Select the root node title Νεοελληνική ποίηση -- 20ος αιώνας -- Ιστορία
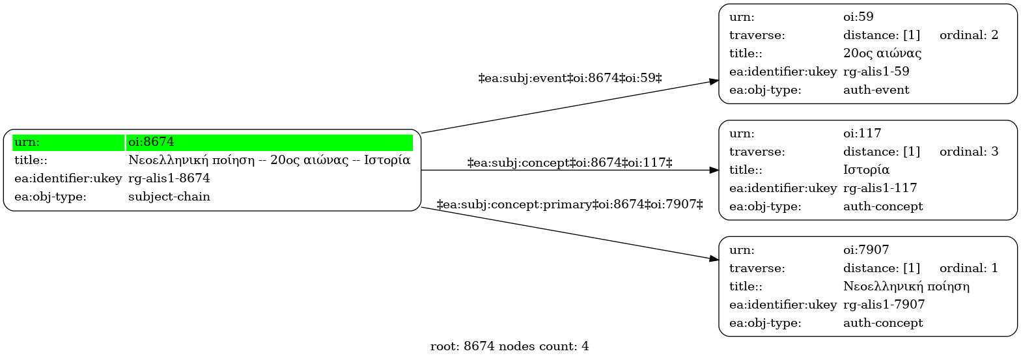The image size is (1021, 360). click(269, 160)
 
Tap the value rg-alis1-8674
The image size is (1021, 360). click(169, 178)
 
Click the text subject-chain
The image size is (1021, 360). click(169, 197)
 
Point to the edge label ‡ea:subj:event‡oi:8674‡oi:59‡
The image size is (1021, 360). click(570, 78)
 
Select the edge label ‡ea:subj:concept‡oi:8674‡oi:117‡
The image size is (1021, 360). click(570, 163)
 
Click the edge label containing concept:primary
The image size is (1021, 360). click(570, 204)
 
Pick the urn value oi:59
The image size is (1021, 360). click(858, 17)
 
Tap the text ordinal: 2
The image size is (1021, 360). click(969, 35)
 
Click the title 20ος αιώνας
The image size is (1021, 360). click(882, 53)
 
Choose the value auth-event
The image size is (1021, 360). click(876, 90)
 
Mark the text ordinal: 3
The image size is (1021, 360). click(969, 152)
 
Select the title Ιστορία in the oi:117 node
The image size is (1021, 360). click(866, 170)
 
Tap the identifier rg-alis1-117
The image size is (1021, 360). click(880, 188)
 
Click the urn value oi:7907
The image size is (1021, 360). click(866, 250)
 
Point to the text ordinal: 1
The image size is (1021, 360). click(969, 268)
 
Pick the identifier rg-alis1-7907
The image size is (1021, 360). click(884, 305)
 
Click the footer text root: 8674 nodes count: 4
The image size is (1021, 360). click(510, 347)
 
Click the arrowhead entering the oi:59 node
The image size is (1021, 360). click(714, 82)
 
